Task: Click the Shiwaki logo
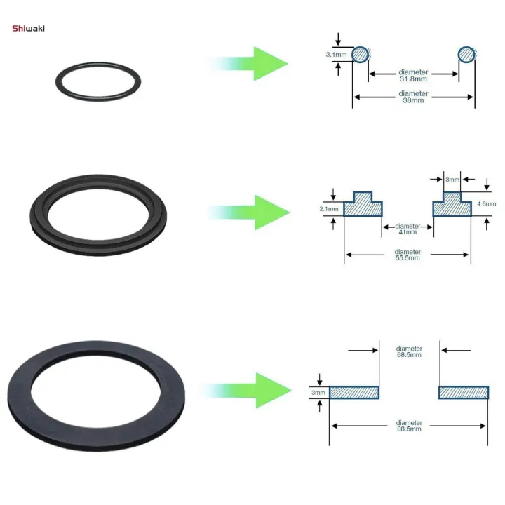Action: [x=27, y=28]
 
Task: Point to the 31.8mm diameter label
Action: [x=413, y=76]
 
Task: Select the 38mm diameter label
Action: [x=413, y=97]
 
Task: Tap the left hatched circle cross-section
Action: [x=360, y=54]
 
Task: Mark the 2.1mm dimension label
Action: [x=329, y=208]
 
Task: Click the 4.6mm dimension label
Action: [x=487, y=203]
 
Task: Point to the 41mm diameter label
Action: [x=408, y=230]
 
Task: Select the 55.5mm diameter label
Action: [x=408, y=255]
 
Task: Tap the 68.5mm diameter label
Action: [x=409, y=351]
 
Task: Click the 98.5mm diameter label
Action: [x=409, y=426]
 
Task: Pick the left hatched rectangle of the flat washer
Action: [x=354, y=393]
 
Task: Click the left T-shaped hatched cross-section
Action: [x=363, y=206]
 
